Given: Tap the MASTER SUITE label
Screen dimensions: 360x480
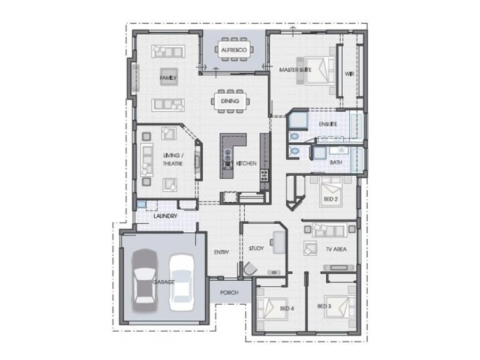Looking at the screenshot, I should pos(295,70).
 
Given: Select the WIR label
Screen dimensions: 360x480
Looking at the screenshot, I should pos(349,74).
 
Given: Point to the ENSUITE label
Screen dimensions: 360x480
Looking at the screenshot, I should pos(328,124).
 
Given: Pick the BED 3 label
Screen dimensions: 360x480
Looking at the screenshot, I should pos(324,307).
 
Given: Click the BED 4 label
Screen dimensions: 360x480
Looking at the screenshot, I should pos(287,308).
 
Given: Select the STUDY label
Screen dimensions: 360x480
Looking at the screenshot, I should pos(256,248).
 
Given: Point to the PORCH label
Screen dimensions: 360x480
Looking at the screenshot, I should pos(229,293).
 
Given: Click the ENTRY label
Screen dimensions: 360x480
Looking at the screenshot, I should pos(221,253).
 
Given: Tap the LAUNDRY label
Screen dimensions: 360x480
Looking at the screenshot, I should pos(165,215).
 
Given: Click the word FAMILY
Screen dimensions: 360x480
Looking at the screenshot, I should pos(168,78).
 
